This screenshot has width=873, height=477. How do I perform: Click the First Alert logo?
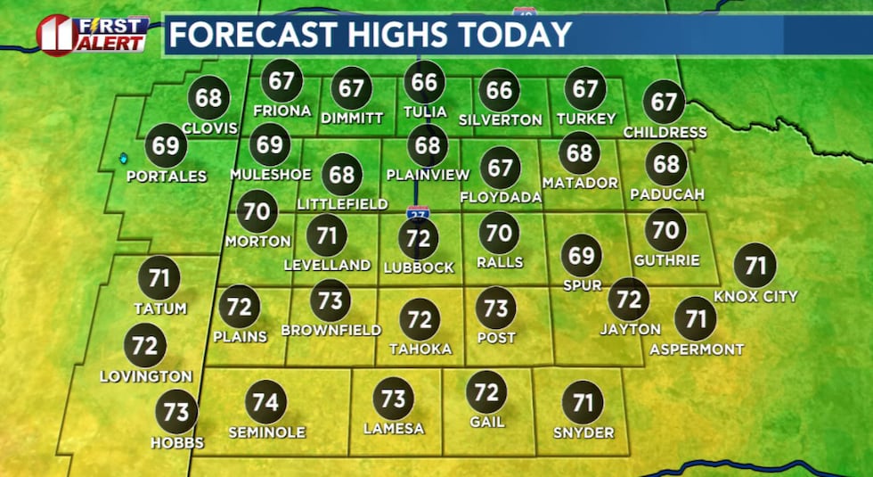click(92, 34)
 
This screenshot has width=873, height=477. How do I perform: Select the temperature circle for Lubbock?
click(419, 238)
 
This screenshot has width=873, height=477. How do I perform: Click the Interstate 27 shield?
click(416, 214)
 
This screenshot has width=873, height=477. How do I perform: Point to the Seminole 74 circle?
click(265, 401)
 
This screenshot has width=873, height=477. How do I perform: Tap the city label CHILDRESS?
click(665, 132)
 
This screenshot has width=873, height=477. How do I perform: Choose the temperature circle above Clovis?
click(208, 97)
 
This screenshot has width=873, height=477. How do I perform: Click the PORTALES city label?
click(167, 177)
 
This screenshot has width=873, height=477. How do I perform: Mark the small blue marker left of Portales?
click(123, 159)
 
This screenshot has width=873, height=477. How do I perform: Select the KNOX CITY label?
click(756, 296)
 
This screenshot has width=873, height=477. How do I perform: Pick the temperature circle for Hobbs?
click(176, 411)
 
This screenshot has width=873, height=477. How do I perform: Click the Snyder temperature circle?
click(583, 403)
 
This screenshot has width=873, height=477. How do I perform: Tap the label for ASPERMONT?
click(697, 350)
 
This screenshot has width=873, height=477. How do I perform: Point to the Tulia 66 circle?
click(424, 83)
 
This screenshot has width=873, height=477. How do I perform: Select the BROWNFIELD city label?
click(330, 330)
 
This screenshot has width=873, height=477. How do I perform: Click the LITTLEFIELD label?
click(342, 204)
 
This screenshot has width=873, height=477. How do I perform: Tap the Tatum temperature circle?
click(159, 278)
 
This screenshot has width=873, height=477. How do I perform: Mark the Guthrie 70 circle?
click(665, 230)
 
